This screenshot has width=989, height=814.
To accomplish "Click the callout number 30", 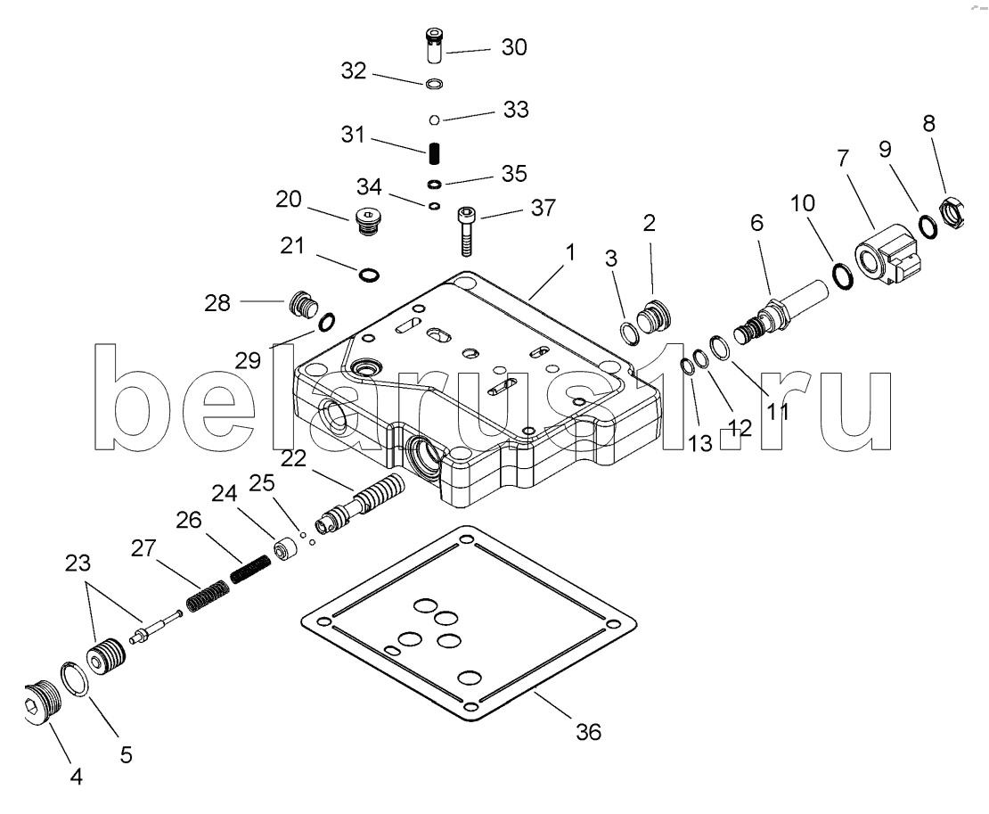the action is pos(514,47).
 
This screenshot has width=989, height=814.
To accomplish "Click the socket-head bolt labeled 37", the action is pos(466,231).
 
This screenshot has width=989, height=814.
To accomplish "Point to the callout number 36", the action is pos(588,732).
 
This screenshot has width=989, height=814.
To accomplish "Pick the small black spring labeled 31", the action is pos(435,153).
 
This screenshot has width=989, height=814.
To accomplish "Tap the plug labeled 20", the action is pos(366,220).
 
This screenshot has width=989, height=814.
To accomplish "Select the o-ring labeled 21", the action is pos(369,275).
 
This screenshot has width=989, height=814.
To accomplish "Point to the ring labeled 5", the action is pos(76,679).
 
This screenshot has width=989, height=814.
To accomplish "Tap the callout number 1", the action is pos(570,253).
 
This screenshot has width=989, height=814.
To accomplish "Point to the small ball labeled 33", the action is pos(434,119).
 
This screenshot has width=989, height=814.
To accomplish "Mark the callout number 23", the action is pos(78,563).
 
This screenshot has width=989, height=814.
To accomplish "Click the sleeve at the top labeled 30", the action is pos(435,45).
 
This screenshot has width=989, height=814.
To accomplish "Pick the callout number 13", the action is pos(700,444).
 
